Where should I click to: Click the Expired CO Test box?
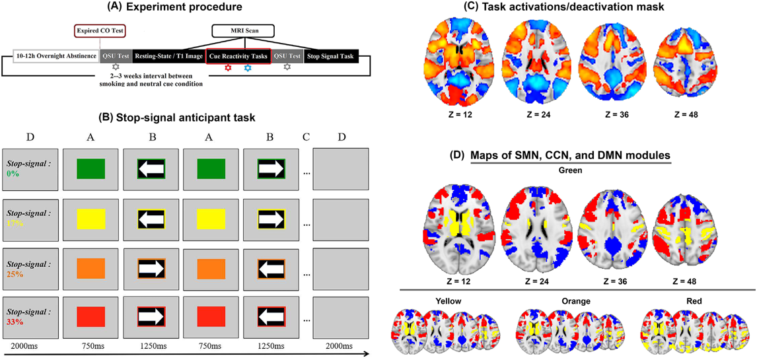pos(99,30)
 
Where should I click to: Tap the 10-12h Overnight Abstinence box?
pos(55,57)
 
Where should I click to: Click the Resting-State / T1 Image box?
pos(169,57)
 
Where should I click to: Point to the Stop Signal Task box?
pos(331,57)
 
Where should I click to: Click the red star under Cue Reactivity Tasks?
pos(229,68)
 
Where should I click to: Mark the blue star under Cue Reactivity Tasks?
pos(248,68)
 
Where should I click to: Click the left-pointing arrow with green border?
pos(151,169)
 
